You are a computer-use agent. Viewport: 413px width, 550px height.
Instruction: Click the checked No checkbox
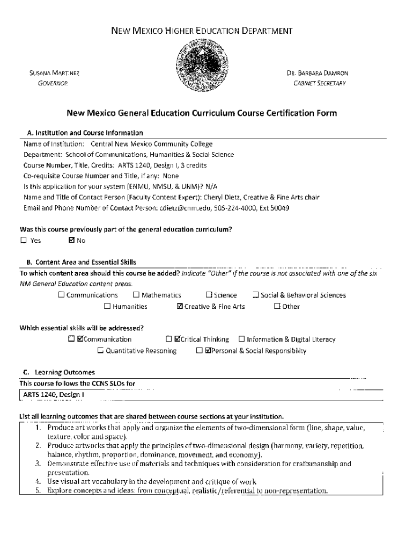72,240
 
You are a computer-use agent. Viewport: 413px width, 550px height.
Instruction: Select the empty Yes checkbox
24,240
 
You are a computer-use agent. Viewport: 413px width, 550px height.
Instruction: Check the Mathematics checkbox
136,295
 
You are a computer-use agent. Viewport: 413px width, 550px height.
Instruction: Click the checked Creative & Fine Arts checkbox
180,307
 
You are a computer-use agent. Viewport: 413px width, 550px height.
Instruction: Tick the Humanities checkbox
107,307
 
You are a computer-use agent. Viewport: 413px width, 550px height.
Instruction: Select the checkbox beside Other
277,307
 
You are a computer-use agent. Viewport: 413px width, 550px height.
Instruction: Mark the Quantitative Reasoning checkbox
100,351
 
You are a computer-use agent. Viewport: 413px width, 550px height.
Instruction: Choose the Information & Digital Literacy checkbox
241,339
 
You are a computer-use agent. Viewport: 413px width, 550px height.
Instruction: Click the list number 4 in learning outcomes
39,482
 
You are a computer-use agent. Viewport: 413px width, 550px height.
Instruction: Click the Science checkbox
209,295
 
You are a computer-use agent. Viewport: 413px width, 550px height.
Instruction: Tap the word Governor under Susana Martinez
52,83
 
